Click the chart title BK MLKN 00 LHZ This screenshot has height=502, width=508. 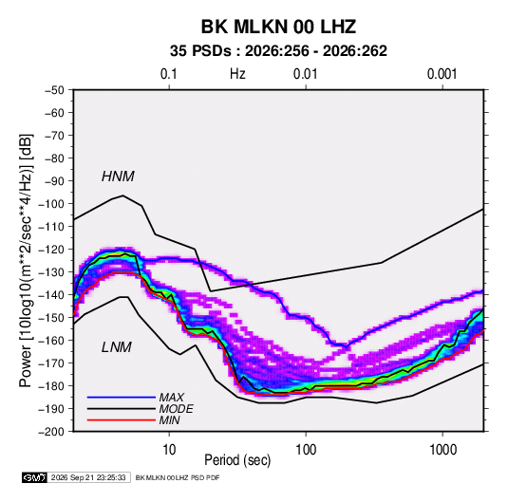278,27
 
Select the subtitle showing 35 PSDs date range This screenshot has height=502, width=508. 278,51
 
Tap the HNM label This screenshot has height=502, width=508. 118,177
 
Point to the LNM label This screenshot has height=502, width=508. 117,347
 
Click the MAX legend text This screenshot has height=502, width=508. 172,398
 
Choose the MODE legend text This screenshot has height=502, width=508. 177,409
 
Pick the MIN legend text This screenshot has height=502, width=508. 169,420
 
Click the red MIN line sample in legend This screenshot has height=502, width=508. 122,420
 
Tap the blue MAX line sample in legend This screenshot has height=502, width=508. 122,398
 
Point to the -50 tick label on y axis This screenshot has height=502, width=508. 54,90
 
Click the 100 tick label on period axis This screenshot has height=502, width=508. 306,450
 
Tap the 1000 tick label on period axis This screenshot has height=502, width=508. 442,450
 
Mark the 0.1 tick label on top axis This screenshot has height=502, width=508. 169,74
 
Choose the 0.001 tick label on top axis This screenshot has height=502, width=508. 442,74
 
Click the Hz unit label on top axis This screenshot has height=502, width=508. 237,74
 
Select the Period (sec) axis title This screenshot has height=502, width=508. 237,460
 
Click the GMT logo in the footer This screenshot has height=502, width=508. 35,477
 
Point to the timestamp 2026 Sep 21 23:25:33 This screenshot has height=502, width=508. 88,477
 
